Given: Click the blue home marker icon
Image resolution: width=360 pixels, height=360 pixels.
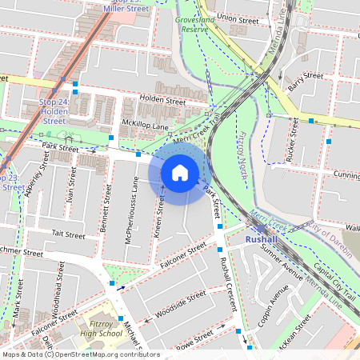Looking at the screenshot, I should tap(180, 172).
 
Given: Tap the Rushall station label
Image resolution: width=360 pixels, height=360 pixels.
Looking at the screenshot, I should tap(261, 239).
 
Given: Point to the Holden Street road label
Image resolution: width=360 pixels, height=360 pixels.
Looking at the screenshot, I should tap(162, 101).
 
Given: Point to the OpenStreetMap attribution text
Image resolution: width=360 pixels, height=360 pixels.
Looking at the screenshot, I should tap(81, 354).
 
